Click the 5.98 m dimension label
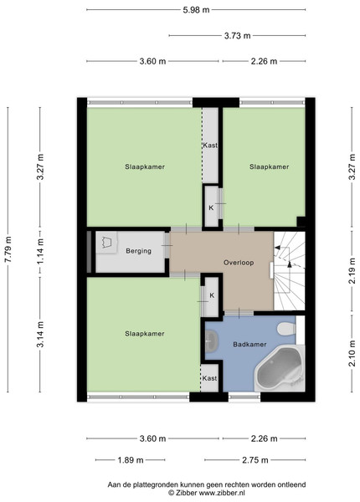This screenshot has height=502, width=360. coord(196,10)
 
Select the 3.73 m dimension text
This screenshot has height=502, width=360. coord(237,35)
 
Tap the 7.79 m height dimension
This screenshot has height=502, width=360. coord(8,249)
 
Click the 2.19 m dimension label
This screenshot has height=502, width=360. coord(352,270)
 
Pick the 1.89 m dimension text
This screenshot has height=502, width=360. coord(131,460)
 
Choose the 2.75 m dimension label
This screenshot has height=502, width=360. coord(255,460)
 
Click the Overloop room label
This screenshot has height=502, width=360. coord(239,263)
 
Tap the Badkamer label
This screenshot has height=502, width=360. coord(249,345)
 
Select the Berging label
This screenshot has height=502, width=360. coord(138,251)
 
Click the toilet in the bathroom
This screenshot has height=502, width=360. coord(286,329)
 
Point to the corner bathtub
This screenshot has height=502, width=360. coord(280,368)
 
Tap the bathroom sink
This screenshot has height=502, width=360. coord(211,340)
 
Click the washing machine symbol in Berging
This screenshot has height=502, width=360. coord(106,243)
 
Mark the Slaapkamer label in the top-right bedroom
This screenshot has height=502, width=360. coord(270,166)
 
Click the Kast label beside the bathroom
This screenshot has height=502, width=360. coord(209,378)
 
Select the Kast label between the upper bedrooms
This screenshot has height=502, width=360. coord(210,145)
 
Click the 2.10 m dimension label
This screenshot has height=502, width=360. coord(352,353)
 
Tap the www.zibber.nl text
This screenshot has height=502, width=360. coord(222,493)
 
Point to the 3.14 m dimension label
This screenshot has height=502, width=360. coord(40,334)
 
